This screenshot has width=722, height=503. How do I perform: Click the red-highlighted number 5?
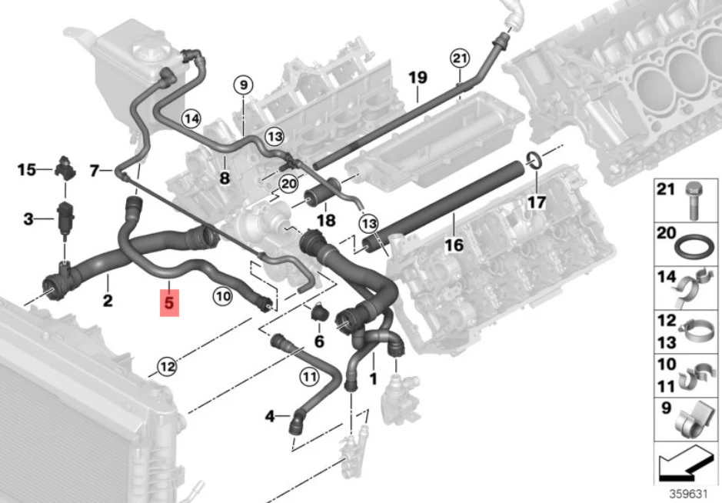pos(169,303)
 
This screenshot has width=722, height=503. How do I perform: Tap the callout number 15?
pos(27,170)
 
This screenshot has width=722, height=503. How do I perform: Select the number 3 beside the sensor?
pos(28,218)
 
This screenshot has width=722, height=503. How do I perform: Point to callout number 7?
pos(95,172)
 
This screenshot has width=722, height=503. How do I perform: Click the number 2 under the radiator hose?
pos(108,301)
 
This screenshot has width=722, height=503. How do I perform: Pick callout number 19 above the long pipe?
pos(418,78)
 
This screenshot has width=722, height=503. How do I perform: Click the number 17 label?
pos(537,202)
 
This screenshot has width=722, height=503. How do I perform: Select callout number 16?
pos(454,245)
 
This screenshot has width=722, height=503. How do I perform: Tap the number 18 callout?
pos(326,220)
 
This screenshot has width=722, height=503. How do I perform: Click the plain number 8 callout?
pos(225,178)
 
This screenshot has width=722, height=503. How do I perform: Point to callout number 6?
pos(319,341)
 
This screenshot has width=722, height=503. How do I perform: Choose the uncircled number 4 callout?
pos(271,417)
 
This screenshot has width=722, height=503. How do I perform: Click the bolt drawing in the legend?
pos(694,201)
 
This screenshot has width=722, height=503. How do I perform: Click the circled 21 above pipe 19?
pos(460,58)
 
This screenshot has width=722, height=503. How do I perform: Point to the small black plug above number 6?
pos(318,313)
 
